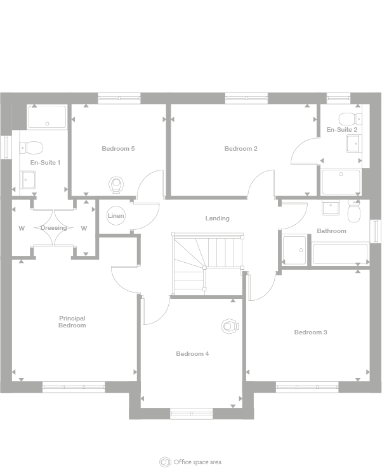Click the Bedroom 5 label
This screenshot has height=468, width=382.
pos(118,149)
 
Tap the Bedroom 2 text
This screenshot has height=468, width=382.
pos(240,149)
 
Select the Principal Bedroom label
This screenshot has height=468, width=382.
pos(72,322)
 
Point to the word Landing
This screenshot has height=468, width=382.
pos(217,218)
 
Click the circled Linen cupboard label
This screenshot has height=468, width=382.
pos(116,216)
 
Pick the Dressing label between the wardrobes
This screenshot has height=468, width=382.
pos(53,228)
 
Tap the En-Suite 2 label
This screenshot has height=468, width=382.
pos(341,130)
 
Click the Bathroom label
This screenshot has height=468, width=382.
pos(331,231)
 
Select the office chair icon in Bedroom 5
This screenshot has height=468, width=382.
pos(116,184)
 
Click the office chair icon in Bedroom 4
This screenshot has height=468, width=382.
pos(229,326)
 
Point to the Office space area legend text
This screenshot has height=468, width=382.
pos(197,462)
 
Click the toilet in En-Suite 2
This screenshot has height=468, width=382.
pos(348,119)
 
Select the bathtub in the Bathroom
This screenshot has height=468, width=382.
pos(340,254)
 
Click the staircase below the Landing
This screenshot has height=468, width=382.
pos(207,263)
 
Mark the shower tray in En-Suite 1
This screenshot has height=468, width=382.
pos(47,117)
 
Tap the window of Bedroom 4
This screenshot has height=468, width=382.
pos(191,414)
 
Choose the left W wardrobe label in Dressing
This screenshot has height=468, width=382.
pos(22,228)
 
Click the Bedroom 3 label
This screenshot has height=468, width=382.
pos(310,332)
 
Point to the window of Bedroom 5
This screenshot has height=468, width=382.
pos(119,98)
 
